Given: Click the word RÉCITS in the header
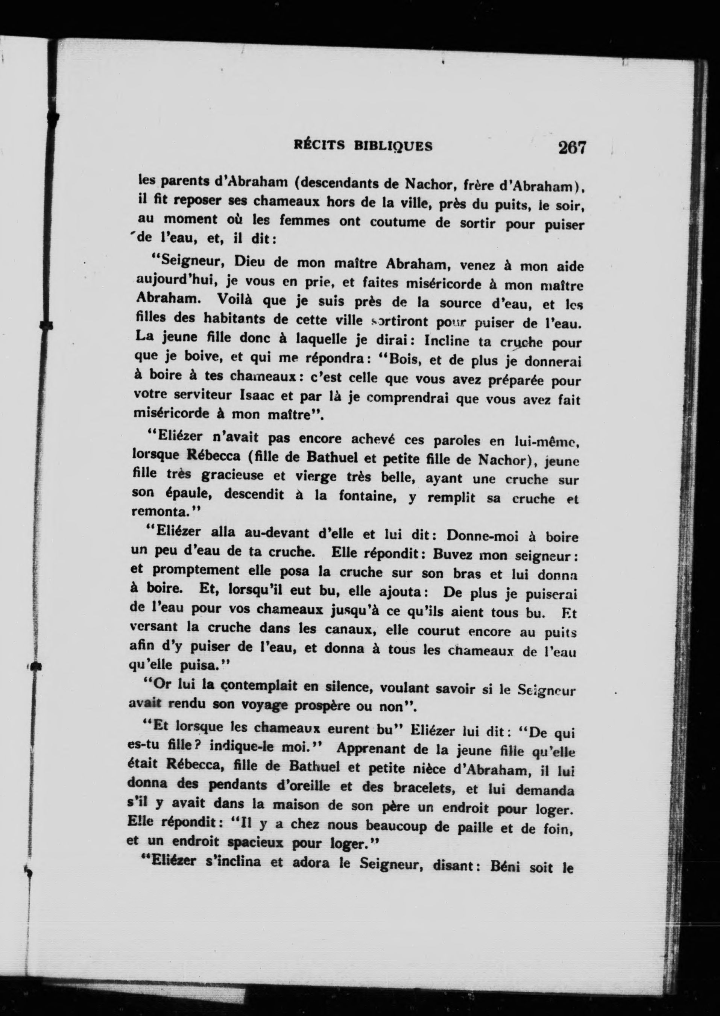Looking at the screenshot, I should click(320, 146).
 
